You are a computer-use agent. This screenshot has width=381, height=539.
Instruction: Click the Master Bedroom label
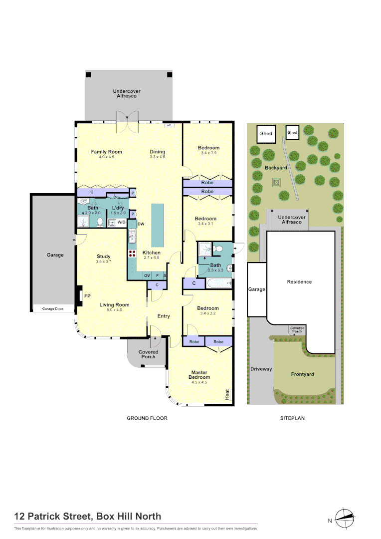tap(199, 375)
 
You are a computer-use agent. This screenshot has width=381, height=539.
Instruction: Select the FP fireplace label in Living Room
tap(87, 296)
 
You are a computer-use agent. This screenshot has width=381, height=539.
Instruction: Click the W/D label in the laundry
tap(121, 222)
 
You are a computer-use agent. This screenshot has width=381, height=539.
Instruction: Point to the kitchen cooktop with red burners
tap(133, 253)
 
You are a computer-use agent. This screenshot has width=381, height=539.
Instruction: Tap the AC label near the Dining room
tap(169, 125)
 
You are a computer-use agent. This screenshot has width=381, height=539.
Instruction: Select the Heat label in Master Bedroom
tap(227, 394)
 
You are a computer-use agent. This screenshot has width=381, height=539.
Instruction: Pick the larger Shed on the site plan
tap(266, 134)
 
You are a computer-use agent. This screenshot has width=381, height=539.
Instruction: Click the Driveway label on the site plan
tap(261, 369)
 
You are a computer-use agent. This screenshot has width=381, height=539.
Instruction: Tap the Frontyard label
tap(302, 374)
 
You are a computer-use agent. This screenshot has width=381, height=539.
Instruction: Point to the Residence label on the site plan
tap(299, 281)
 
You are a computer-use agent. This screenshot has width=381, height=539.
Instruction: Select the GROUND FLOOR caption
tap(147, 418)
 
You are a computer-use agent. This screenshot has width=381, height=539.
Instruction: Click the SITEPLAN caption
tap(292, 418)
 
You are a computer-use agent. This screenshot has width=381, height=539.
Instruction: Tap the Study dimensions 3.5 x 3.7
tap(104, 262)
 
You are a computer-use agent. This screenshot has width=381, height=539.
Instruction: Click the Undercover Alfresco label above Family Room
tap(127, 93)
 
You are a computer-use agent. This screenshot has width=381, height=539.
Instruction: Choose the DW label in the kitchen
tap(141, 224)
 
